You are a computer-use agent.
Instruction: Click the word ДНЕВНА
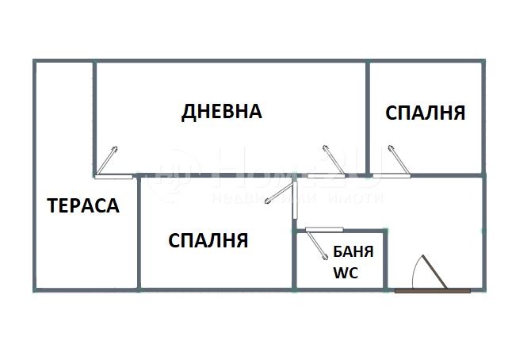(222, 111)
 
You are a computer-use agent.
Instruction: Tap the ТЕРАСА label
(83, 206)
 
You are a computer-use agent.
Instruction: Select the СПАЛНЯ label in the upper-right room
(425, 113)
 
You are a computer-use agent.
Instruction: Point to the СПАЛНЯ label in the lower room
(208, 240)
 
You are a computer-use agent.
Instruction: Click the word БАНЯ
(349, 255)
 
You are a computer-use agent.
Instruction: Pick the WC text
(346, 274)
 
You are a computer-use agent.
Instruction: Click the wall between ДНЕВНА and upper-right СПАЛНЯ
(369, 119)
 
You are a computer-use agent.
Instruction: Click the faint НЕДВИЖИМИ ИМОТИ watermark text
(297, 197)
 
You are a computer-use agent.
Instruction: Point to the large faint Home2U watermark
(277, 170)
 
